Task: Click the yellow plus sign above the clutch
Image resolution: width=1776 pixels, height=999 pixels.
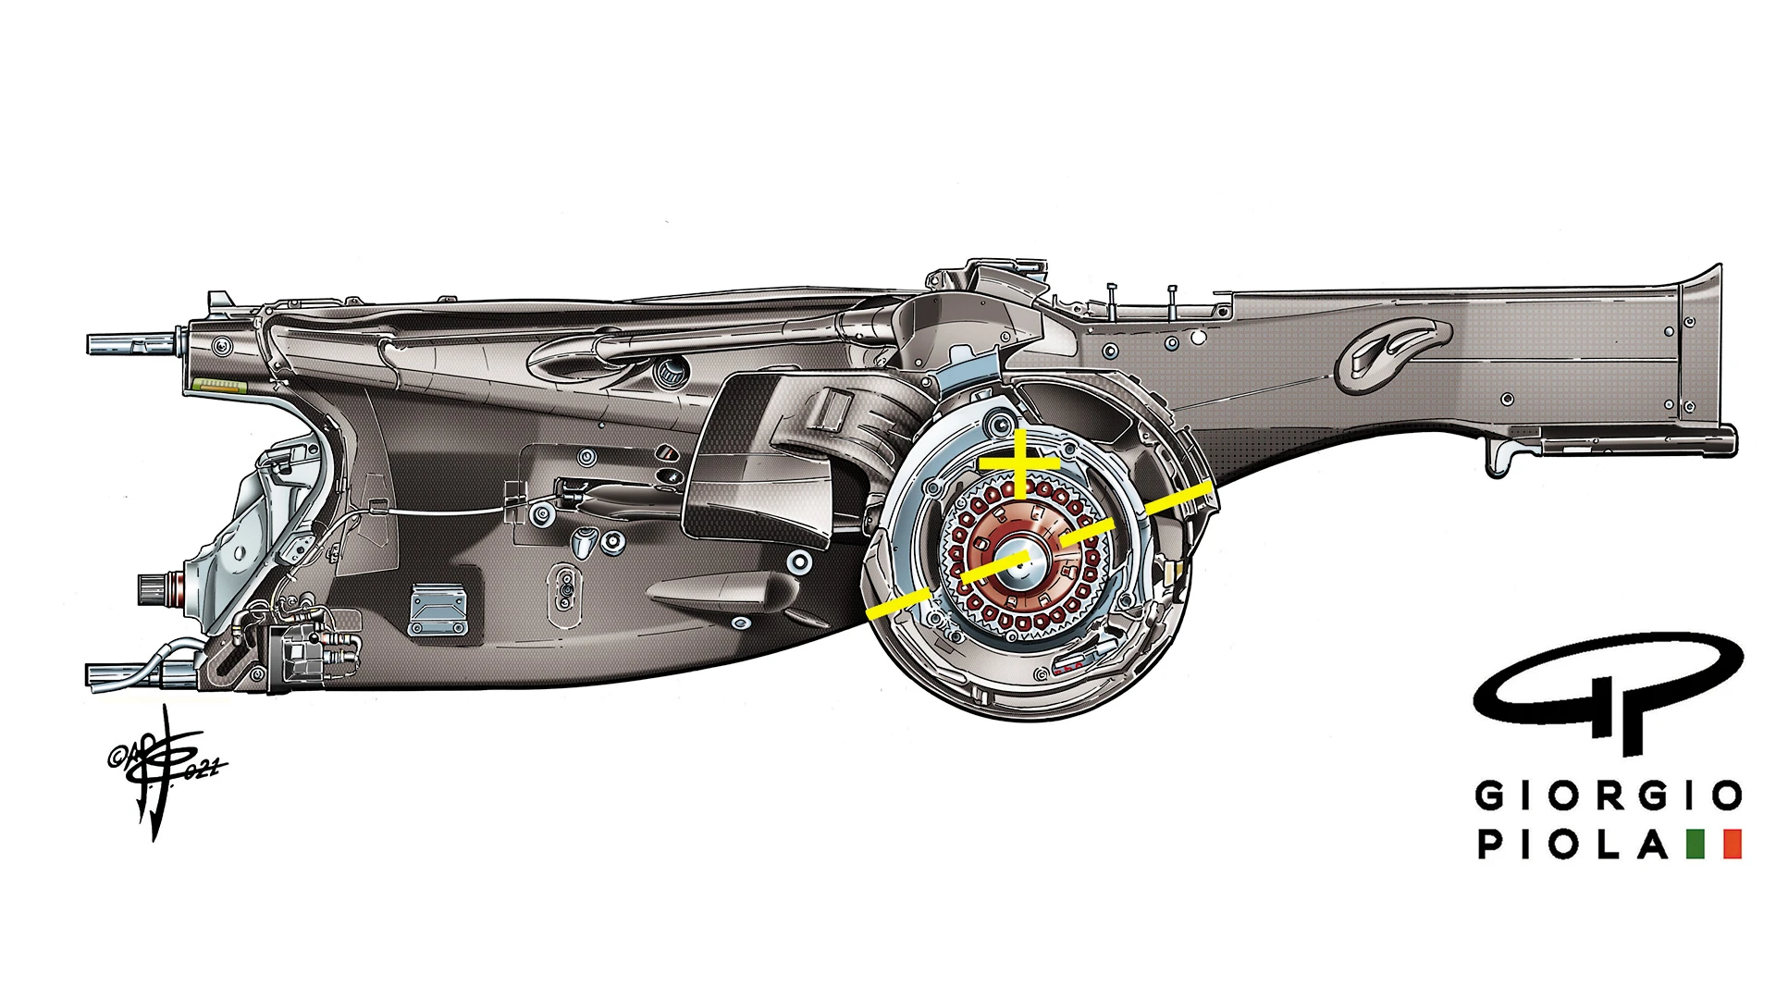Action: pyautogui.click(x=1018, y=461)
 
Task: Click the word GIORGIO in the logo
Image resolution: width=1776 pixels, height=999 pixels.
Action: pyautogui.click(x=1608, y=795)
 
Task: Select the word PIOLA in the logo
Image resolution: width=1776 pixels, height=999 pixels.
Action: pyautogui.click(x=1572, y=844)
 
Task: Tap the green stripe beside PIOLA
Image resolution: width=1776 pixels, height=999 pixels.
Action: pyautogui.click(x=1696, y=844)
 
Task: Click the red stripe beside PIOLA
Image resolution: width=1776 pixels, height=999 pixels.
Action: pyautogui.click(x=1732, y=844)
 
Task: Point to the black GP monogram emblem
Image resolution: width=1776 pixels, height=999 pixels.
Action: pyautogui.click(x=1608, y=689)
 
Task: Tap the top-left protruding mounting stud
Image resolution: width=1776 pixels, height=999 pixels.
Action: pyautogui.click(x=129, y=343)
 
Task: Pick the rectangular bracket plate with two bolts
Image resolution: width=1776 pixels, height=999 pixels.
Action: pyautogui.click(x=438, y=610)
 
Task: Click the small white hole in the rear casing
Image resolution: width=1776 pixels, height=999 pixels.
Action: pyautogui.click(x=1199, y=339)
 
